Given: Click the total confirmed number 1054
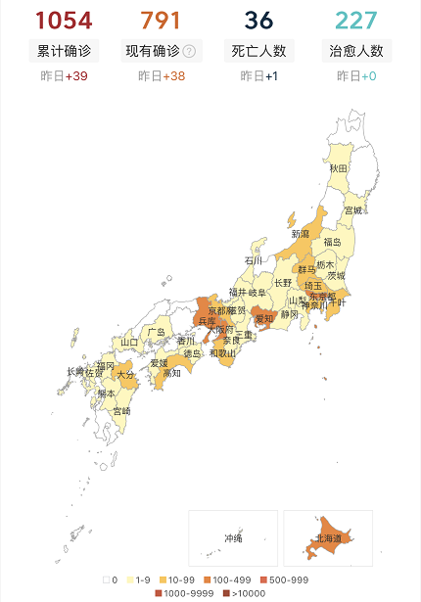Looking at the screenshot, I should [x=63, y=20].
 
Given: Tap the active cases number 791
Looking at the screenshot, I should [x=161, y=20].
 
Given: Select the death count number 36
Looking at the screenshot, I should [x=258, y=20].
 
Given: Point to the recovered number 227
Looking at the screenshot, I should [x=356, y=20].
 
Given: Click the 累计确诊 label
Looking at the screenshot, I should [x=63, y=51].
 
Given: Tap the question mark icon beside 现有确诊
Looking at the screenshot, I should [x=189, y=51].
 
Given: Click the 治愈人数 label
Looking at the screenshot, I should [x=356, y=51].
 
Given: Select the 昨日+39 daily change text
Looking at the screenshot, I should [x=63, y=75].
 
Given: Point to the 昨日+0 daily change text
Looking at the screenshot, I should [x=356, y=75].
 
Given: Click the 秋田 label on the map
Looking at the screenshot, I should [x=338, y=168].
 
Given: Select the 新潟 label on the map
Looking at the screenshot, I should [x=301, y=233].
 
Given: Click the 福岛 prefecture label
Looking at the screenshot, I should [x=332, y=242].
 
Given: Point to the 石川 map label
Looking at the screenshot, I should [x=254, y=260].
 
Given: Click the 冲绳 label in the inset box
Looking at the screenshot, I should [x=233, y=537].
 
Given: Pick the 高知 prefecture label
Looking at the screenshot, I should [x=172, y=373].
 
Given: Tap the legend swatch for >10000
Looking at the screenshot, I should [x=227, y=593].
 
